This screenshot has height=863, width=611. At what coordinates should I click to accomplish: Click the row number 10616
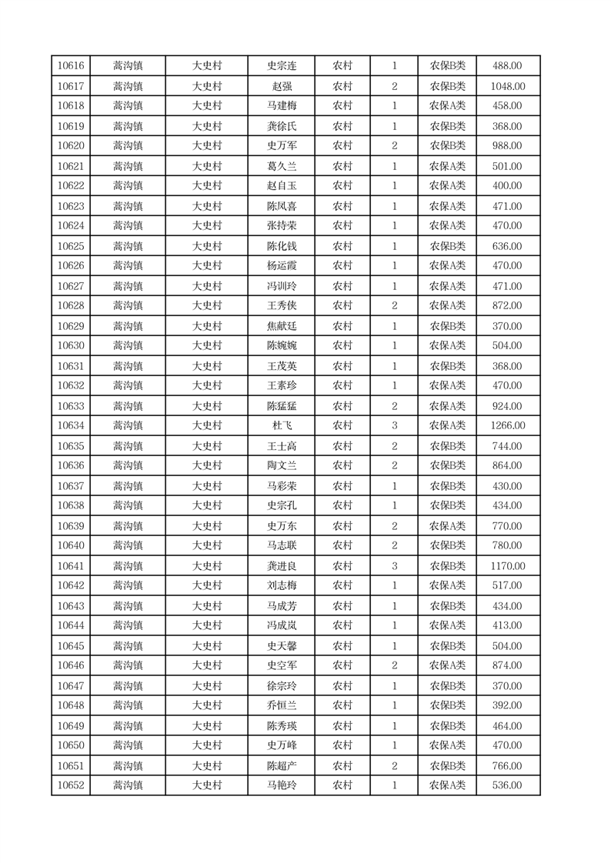click(x=71, y=66)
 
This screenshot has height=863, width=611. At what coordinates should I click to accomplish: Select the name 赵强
click(x=282, y=86)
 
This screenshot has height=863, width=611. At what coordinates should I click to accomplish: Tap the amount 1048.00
click(x=508, y=86)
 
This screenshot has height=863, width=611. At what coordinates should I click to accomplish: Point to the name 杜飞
click(x=282, y=426)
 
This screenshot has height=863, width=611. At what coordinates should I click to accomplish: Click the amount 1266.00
click(x=508, y=426)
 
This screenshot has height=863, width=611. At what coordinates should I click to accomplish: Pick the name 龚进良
click(x=282, y=566)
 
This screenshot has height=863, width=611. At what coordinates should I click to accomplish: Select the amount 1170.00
click(x=508, y=566)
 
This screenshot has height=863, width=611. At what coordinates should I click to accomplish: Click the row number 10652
click(x=71, y=785)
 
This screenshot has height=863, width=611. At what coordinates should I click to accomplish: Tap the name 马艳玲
click(x=282, y=785)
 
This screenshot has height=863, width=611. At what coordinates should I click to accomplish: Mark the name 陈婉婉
click(x=282, y=346)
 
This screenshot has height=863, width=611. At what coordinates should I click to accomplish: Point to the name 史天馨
click(x=282, y=646)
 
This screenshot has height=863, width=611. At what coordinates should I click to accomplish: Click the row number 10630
click(x=71, y=346)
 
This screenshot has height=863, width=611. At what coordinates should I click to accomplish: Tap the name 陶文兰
click(x=282, y=466)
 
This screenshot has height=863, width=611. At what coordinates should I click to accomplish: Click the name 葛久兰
click(x=282, y=166)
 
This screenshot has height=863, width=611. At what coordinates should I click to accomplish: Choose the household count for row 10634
click(x=394, y=426)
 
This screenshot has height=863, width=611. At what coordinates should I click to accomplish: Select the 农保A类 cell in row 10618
click(x=447, y=106)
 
